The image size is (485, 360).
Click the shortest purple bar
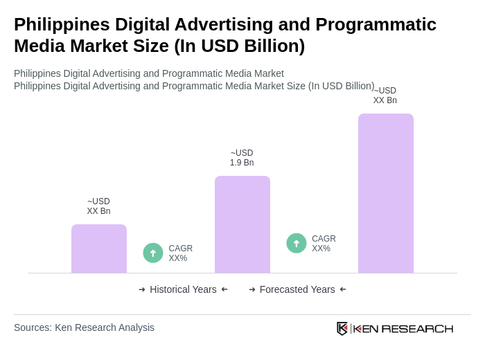pyautogui.click(x=99, y=249)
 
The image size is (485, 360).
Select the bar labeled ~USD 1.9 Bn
pyautogui.click(x=242, y=224)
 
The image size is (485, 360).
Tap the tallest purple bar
pyautogui.click(x=386, y=193)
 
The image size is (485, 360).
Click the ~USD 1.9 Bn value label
pyautogui.click(x=242, y=158)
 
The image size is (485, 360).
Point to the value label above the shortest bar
pyautogui.click(x=98, y=206)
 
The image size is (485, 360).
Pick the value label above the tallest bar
pyautogui.click(x=385, y=96)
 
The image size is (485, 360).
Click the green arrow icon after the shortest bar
pyautogui.click(x=153, y=253)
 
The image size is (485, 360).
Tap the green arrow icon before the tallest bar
pyautogui.click(x=297, y=243)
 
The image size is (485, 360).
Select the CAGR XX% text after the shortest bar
pyautogui.click(x=180, y=253)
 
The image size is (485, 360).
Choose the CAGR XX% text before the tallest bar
pyautogui.click(x=324, y=244)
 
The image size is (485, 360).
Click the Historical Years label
pyautogui.click(x=183, y=289)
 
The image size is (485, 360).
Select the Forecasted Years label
pyautogui.click(x=297, y=289)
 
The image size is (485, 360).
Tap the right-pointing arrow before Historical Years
pyautogui.click(x=142, y=289)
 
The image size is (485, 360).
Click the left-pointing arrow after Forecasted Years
pyautogui.click(x=343, y=289)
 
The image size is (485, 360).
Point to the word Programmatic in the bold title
pyautogui.click(x=376, y=24)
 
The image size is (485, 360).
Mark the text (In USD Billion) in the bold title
pyautogui.click(x=239, y=46)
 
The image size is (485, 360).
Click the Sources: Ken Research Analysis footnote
pyautogui.click(x=84, y=327)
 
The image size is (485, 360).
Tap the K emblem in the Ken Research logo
pyautogui.click(x=342, y=328)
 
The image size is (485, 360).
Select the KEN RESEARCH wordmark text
pyautogui.click(x=403, y=329)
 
